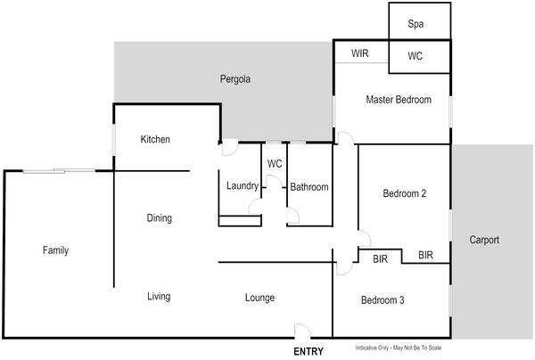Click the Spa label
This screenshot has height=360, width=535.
416,24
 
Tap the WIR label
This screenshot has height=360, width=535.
360,54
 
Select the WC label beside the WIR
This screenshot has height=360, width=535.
416,56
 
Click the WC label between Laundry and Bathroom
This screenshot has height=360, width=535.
276,164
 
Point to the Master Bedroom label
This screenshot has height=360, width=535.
399,100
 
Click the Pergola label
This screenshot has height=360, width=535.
235,79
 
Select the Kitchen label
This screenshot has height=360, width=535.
155,140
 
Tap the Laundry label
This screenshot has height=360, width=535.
243,186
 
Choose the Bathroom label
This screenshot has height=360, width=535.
309,187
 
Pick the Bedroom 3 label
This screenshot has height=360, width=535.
383,301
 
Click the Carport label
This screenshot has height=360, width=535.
485,241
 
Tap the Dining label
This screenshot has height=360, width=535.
159,218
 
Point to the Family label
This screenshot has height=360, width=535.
55,250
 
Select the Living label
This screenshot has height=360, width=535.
159,297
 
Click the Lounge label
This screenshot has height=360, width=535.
259,298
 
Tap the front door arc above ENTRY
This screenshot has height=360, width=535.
302,331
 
